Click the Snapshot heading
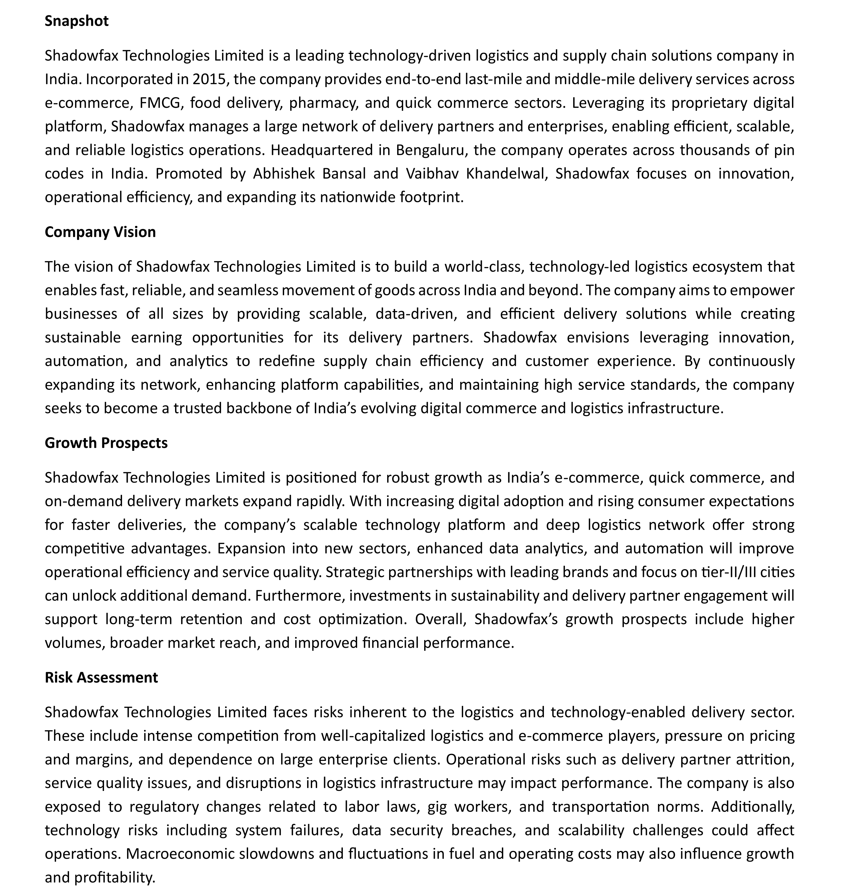(x=77, y=21)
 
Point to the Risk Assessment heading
(x=101, y=677)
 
